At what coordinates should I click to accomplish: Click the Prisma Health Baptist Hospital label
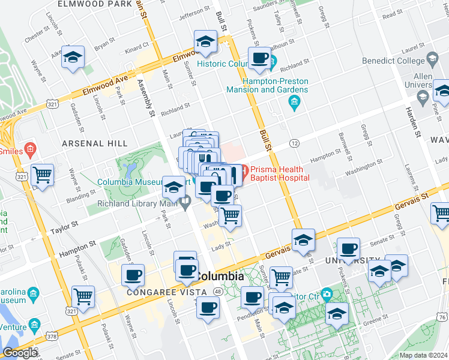[280, 173]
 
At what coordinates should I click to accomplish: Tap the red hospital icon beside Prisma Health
[237, 174]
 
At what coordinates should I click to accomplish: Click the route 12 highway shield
[294, 143]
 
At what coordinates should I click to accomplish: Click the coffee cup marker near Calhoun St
[260, 58]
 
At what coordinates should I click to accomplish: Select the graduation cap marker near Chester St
[73, 56]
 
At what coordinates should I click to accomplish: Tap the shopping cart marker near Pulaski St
[83, 295]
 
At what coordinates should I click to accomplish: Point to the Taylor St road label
[61, 229]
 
